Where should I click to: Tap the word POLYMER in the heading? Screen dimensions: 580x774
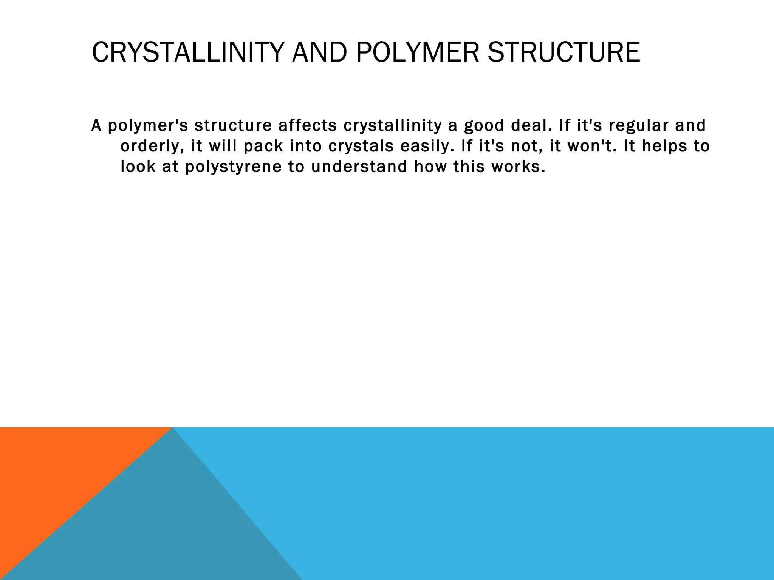tap(418, 52)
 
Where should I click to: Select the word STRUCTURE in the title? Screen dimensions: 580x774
tap(563, 52)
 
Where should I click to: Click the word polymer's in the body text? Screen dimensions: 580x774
tap(148, 126)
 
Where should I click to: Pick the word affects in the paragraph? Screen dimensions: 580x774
tap(307, 126)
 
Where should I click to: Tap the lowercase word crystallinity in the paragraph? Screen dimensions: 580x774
tap(392, 126)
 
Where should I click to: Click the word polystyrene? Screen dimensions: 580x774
tap(233, 167)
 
